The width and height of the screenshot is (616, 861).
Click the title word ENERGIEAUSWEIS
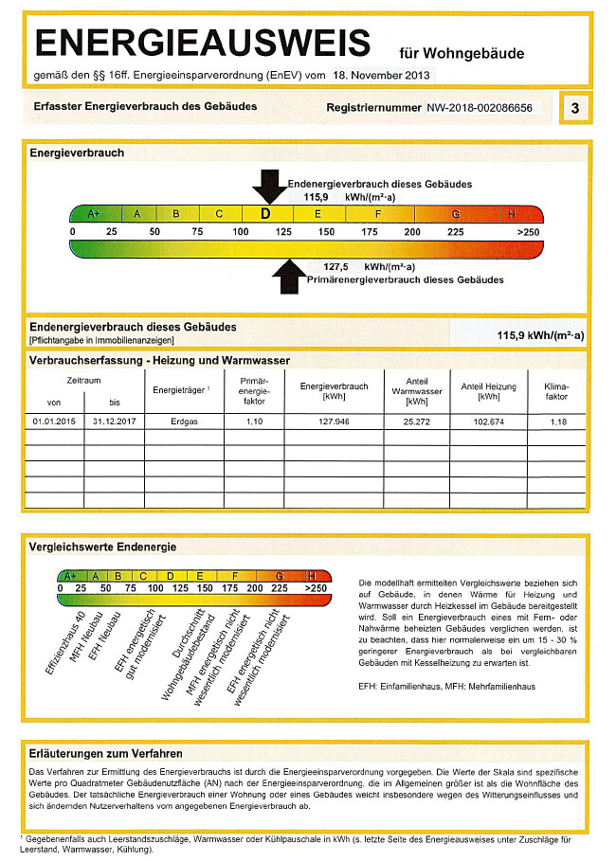[x=202, y=43]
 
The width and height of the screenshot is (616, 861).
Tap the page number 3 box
[x=574, y=109]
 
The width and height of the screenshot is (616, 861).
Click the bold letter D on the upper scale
[x=265, y=214]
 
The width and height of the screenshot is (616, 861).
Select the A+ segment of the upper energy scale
[x=94, y=214]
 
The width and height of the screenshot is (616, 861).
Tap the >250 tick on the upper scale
[x=528, y=232]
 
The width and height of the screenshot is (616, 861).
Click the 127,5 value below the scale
[x=336, y=267]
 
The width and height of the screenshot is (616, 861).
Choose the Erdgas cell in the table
[x=183, y=421]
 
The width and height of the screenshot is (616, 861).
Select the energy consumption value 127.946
[x=335, y=421]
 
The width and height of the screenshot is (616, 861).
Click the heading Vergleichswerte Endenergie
[x=103, y=547]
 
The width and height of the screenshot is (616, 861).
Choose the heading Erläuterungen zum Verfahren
[x=106, y=754]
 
